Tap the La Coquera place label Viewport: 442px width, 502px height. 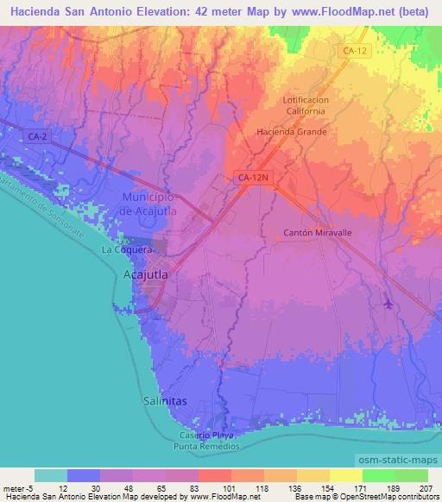tap(127, 250)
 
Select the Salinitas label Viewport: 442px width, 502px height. tap(162, 402)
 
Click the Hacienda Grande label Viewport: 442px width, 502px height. tap(292, 132)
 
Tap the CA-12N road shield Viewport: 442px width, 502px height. tap(253, 177)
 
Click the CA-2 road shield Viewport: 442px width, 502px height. tap(36, 136)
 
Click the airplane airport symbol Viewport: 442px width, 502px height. tap(388, 304)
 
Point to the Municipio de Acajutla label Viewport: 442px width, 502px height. tap(142, 204)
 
